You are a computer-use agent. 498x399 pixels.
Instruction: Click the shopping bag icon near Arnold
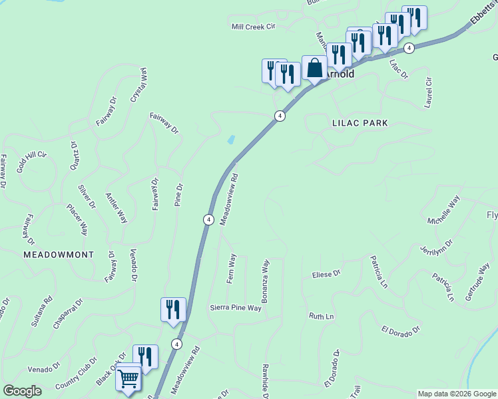pyautogui.click(x=314, y=68)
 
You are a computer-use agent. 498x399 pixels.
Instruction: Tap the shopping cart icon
pyautogui.click(x=128, y=378)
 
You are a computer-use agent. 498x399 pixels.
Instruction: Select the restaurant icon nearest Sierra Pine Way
pyautogui.click(x=173, y=310)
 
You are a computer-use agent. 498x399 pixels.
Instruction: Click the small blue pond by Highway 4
pyautogui.click(x=231, y=140)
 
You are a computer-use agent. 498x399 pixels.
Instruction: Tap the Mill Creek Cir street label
pyautogui.click(x=253, y=27)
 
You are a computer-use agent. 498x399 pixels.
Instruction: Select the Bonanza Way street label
pyautogui.click(x=265, y=281)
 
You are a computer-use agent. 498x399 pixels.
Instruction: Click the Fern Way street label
pyautogui.click(x=232, y=268)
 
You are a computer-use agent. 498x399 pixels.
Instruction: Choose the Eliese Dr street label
pyautogui.click(x=326, y=273)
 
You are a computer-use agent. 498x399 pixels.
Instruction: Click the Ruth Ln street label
pyautogui.click(x=321, y=316)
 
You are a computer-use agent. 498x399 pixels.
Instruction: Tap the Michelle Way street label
pyautogui.click(x=444, y=211)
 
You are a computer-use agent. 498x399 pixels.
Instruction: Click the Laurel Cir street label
pyautogui.click(x=428, y=92)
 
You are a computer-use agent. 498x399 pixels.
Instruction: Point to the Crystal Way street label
pyautogui.click(x=138, y=84)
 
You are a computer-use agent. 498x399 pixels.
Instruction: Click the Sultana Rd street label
pyautogui.click(x=41, y=313)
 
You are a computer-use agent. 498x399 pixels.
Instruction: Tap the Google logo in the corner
pyautogui.click(x=22, y=391)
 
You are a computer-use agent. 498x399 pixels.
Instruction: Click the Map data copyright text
pyautogui.click(x=456, y=394)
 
